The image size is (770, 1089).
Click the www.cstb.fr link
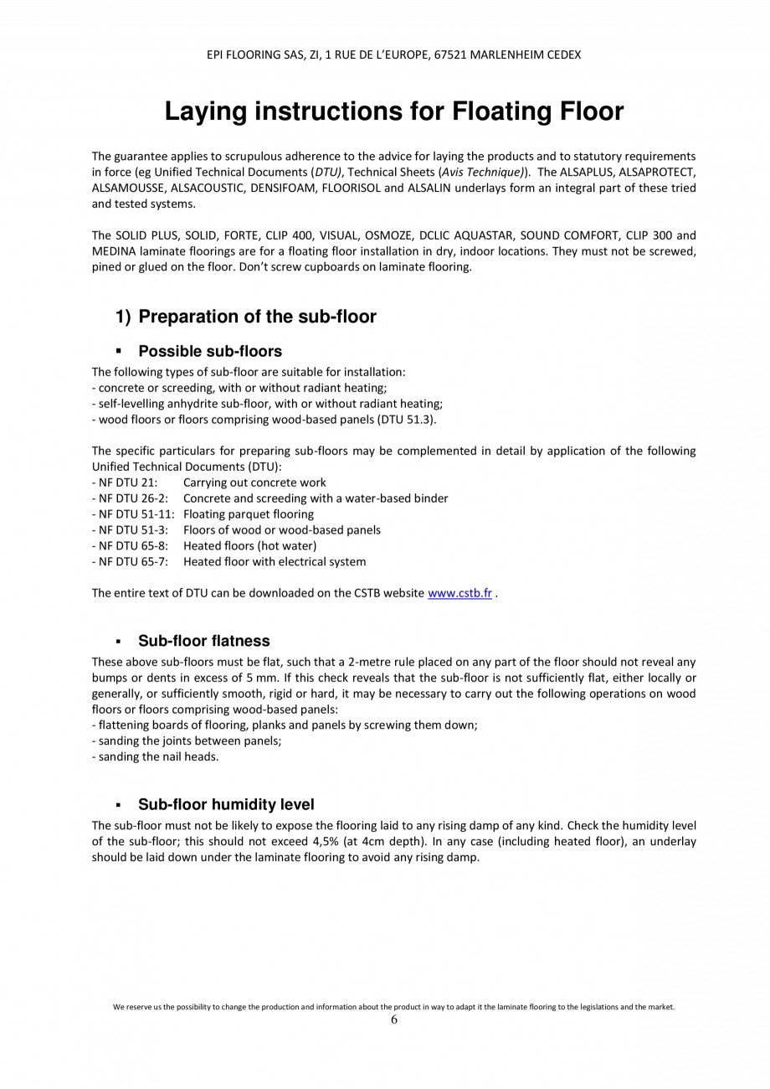459,594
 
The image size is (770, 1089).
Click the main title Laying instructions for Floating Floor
393,111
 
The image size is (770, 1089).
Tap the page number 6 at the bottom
394,1019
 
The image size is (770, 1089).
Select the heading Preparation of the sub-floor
257,317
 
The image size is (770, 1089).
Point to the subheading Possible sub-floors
209,351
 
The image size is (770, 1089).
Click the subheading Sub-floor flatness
203,641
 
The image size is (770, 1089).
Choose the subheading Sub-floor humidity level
226,804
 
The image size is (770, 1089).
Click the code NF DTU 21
125,483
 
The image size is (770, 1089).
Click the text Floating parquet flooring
249,514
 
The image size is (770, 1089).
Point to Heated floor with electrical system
275,562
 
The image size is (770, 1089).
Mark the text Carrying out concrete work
254,483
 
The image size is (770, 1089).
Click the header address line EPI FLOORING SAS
393,54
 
